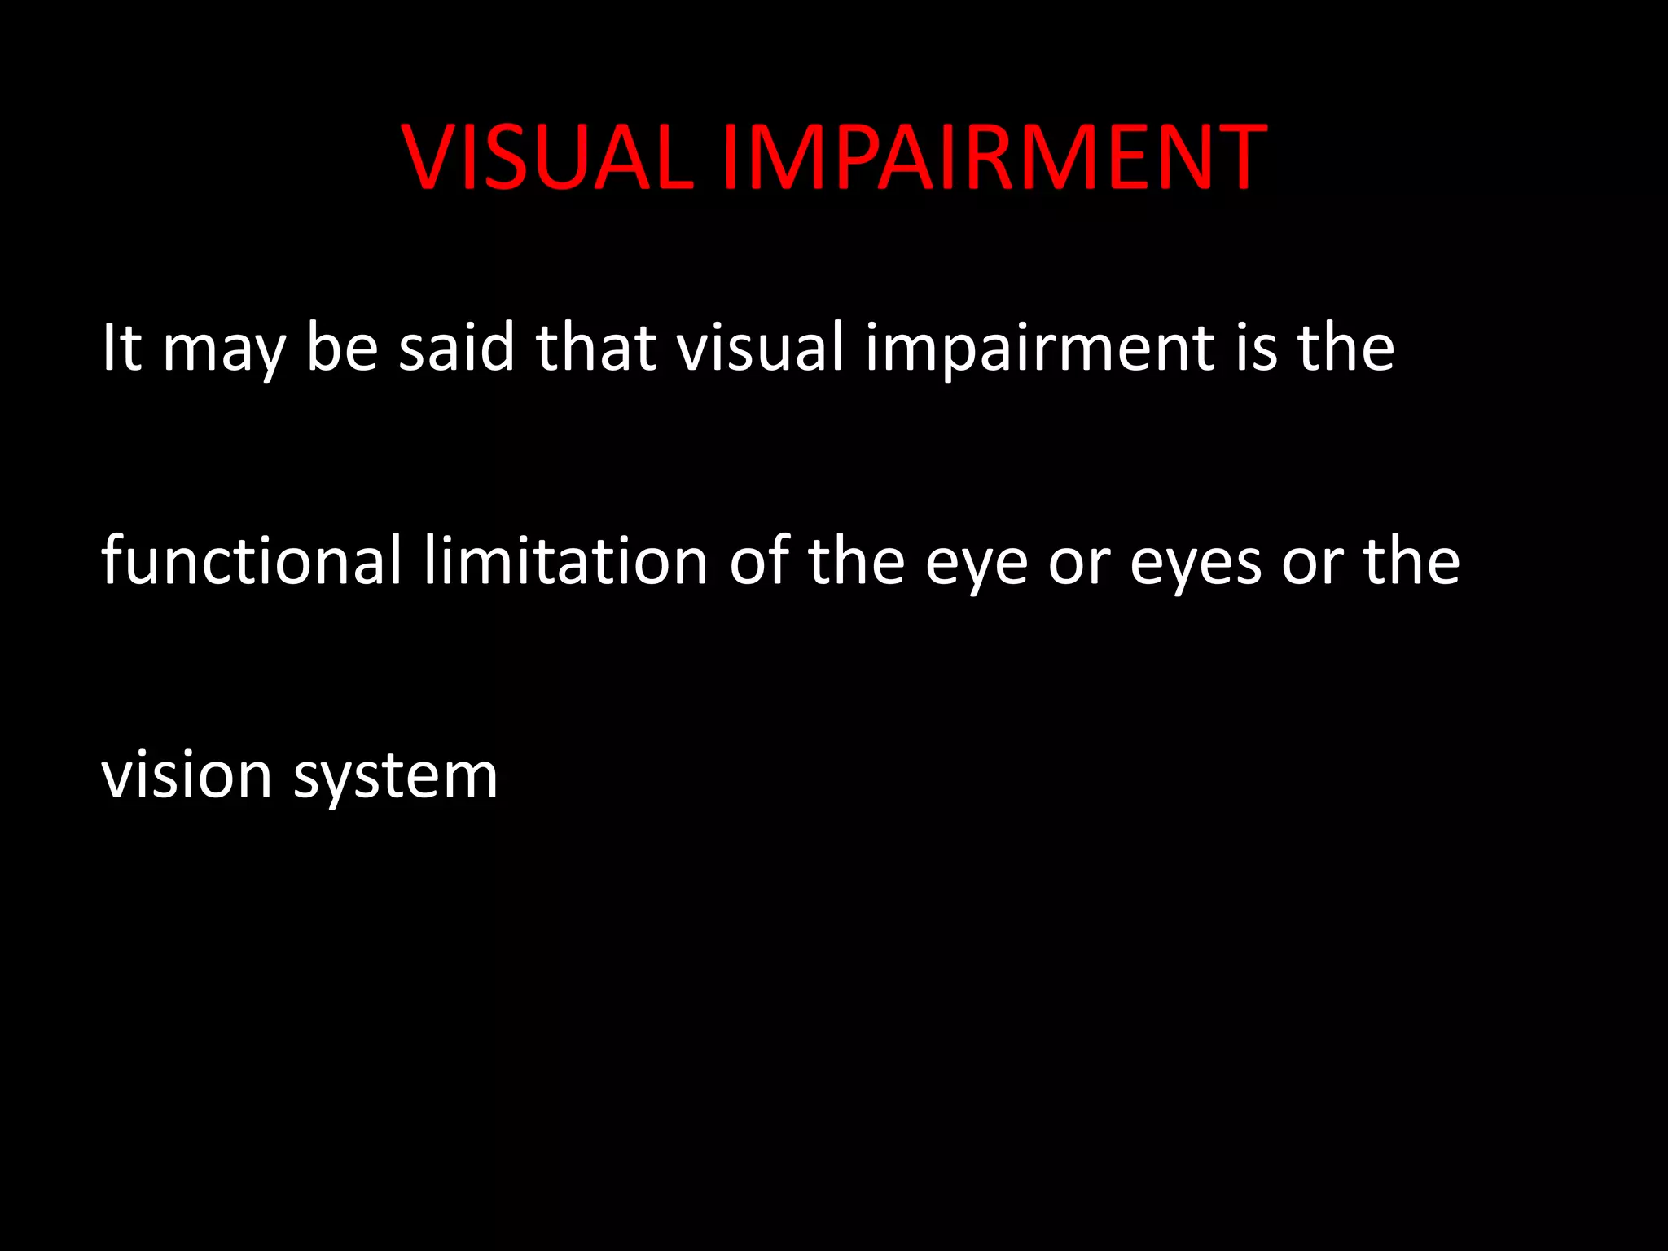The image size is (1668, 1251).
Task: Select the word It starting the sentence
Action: point(121,348)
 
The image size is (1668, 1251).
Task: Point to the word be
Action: point(342,348)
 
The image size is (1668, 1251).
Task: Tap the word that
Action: point(595,348)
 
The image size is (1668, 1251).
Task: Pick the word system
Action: point(396,779)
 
